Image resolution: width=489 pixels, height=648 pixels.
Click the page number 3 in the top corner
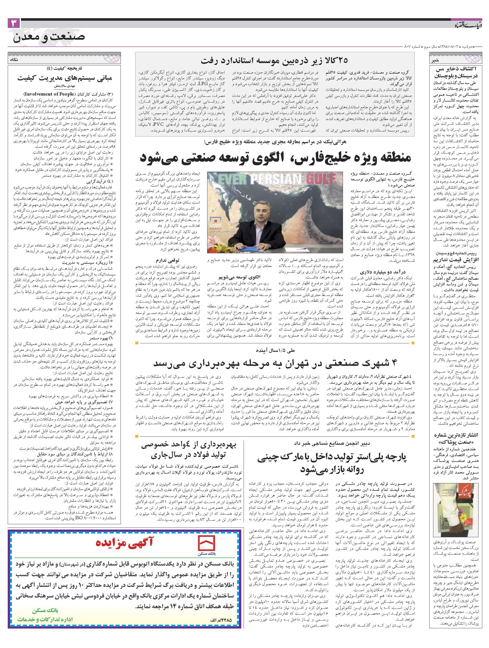click(13, 23)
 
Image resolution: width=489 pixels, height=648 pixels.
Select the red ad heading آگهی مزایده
click(125, 542)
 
